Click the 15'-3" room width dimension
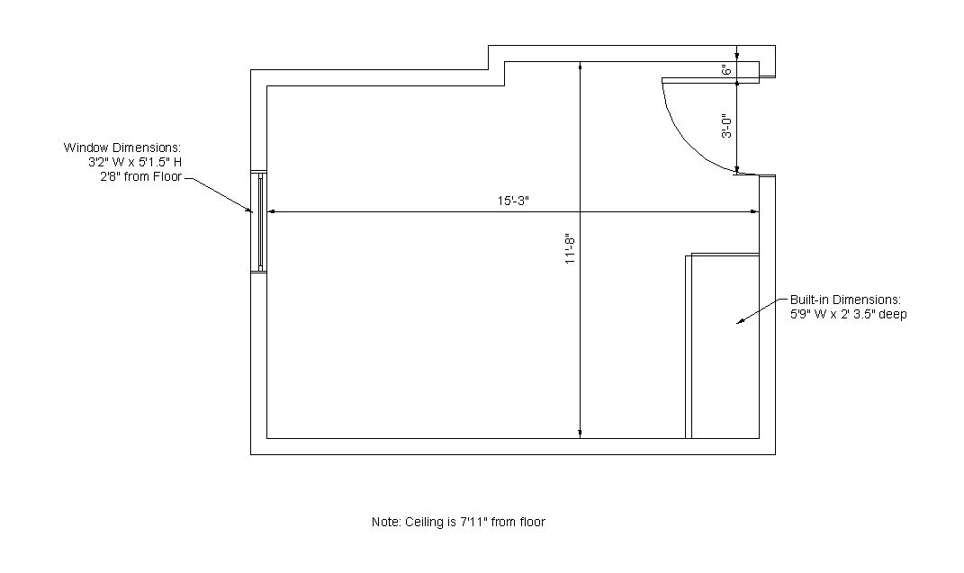click(x=513, y=201)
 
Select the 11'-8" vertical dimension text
click(x=570, y=249)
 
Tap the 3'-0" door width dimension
click(x=726, y=126)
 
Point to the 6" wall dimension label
click(x=726, y=70)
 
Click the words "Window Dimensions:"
click(x=122, y=148)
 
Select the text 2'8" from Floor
click(x=140, y=177)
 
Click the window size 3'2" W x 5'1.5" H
click(x=135, y=162)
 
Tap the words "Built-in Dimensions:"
click(x=845, y=300)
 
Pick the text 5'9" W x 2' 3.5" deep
click(x=849, y=315)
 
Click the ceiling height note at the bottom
click(x=458, y=522)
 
